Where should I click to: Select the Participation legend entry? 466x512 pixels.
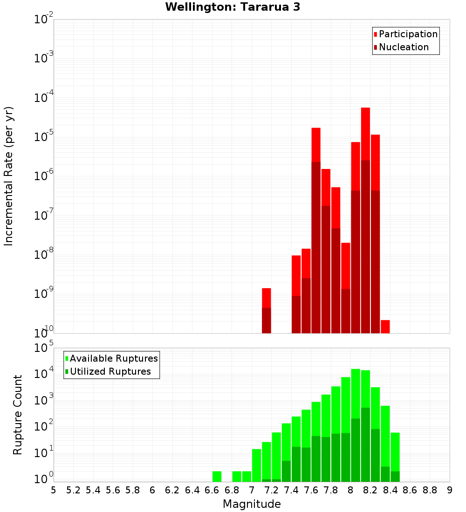point(405,34)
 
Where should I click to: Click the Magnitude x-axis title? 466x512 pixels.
point(252,504)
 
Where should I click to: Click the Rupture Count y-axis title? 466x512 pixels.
point(18,414)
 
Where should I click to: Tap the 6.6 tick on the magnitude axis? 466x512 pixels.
point(212,490)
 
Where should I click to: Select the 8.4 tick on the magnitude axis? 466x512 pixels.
point(390,490)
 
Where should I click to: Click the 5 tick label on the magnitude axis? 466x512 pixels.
point(54,490)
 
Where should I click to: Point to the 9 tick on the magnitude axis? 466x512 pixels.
point(450,490)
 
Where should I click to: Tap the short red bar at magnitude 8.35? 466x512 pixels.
point(385,326)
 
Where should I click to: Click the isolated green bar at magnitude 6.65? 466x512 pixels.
point(217,477)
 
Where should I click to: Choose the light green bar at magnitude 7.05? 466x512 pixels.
point(257,465)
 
